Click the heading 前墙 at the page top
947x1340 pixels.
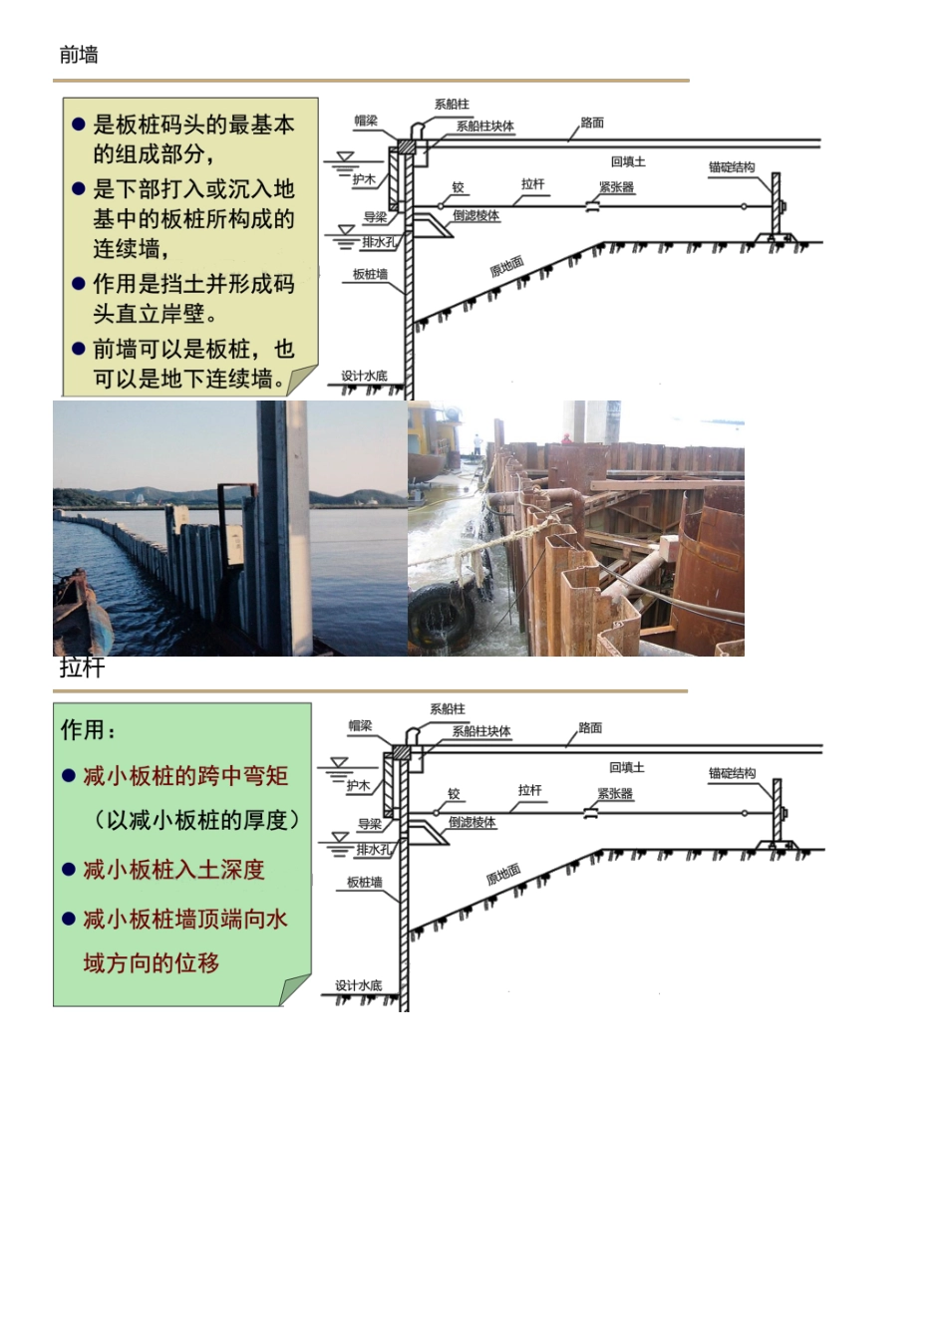pyautogui.click(x=79, y=56)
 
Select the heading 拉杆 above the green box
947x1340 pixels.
pyautogui.click(x=82, y=668)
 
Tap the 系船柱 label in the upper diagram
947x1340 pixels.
pyautogui.click(x=452, y=104)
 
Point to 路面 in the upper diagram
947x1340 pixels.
pyautogui.click(x=592, y=123)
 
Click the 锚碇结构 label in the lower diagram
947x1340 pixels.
pyautogui.click(x=732, y=772)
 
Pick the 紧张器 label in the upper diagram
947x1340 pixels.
pyautogui.click(x=616, y=187)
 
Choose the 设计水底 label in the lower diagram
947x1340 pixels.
pyautogui.click(x=359, y=985)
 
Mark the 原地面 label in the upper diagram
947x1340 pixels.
pyautogui.click(x=507, y=266)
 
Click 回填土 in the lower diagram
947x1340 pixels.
pyautogui.click(x=627, y=767)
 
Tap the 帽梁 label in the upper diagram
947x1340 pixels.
pyautogui.click(x=366, y=121)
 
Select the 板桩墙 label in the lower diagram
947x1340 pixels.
pyautogui.click(x=364, y=882)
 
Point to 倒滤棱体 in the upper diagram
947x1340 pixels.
pyautogui.click(x=475, y=215)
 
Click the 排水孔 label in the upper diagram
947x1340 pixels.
pyautogui.click(x=379, y=242)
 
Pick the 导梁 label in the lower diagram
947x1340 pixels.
pyautogui.click(x=370, y=824)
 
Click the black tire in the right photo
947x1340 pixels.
pyautogui.click(x=442, y=613)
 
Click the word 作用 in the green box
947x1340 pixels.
pyautogui.click(x=83, y=729)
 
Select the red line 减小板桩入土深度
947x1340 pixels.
pyautogui.click(x=173, y=870)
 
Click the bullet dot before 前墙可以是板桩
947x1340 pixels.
pyautogui.click(x=79, y=349)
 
